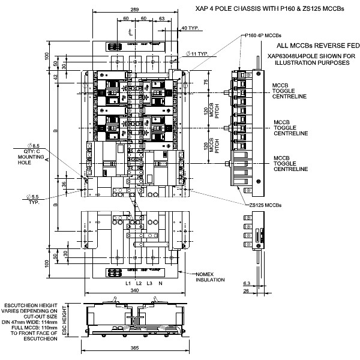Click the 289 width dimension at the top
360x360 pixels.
click(x=135, y=10)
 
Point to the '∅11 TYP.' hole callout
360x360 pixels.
click(x=197, y=54)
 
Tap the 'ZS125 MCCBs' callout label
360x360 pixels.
click(x=265, y=205)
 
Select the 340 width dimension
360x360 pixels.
click(x=135, y=291)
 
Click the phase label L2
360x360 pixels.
click(x=138, y=283)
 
